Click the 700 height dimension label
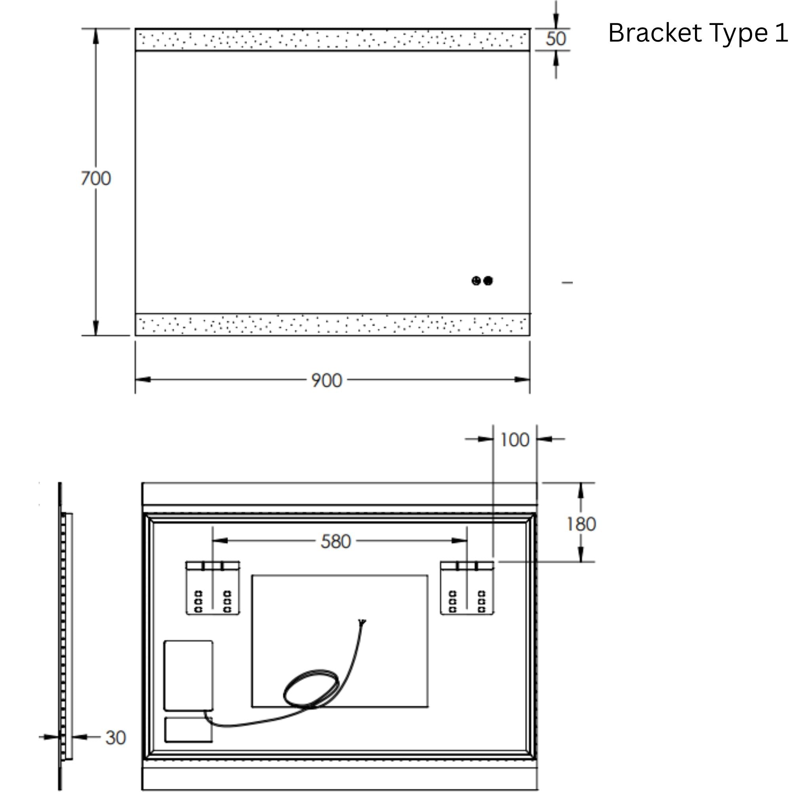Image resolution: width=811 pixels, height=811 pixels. tap(96, 179)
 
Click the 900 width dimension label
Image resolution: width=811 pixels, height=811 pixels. tap(327, 380)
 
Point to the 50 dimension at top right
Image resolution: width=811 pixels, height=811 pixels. tap(556, 39)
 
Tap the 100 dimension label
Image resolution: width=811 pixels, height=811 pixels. tap(515, 440)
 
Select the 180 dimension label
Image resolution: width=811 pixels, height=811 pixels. tap(581, 524)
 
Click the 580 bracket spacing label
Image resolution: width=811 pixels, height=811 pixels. tap(335, 541)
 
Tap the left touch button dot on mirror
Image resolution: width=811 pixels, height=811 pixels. tap(476, 281)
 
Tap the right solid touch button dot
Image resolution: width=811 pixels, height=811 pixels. tap(488, 281)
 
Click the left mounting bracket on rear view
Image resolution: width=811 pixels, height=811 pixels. tap(213, 588)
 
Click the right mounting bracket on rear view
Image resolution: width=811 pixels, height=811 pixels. tap(467, 588)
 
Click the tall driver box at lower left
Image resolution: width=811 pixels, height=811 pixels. tap(188, 676)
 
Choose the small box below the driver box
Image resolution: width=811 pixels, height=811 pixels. tap(188, 729)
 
